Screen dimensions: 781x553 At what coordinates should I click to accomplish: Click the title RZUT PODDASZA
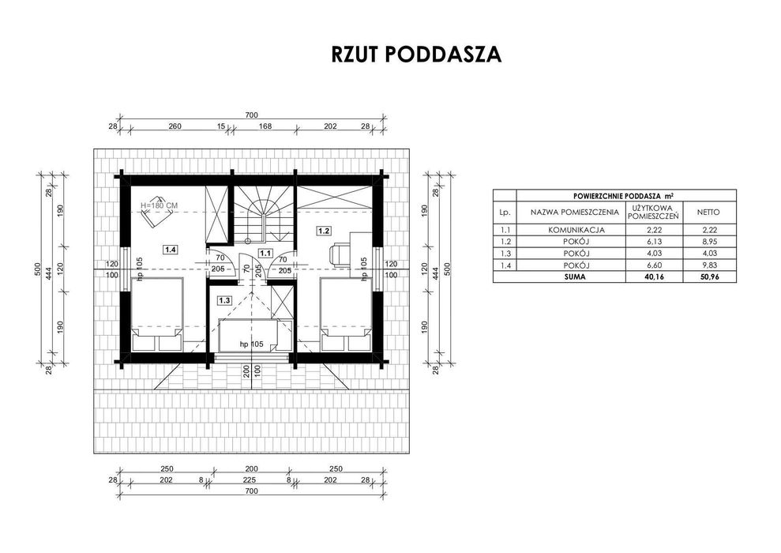(416, 55)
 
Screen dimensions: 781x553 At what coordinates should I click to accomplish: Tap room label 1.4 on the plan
(171, 248)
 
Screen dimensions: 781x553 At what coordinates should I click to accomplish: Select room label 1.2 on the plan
(324, 231)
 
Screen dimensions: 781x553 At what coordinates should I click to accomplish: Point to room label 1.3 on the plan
(224, 300)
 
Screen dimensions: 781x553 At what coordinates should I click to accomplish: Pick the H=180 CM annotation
(160, 205)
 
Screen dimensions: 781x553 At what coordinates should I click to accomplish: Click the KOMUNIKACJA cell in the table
(576, 230)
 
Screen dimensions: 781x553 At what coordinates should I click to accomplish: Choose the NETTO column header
(708, 213)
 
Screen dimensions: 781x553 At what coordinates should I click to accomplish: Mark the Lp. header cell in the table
(505, 213)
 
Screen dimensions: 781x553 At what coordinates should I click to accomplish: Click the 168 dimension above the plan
(265, 126)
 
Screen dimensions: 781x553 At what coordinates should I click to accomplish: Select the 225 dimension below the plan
(250, 480)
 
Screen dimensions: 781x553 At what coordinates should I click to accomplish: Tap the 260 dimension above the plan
(175, 126)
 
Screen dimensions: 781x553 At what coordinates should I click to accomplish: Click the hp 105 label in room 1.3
(252, 344)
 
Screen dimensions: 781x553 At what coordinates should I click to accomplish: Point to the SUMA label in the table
(576, 277)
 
